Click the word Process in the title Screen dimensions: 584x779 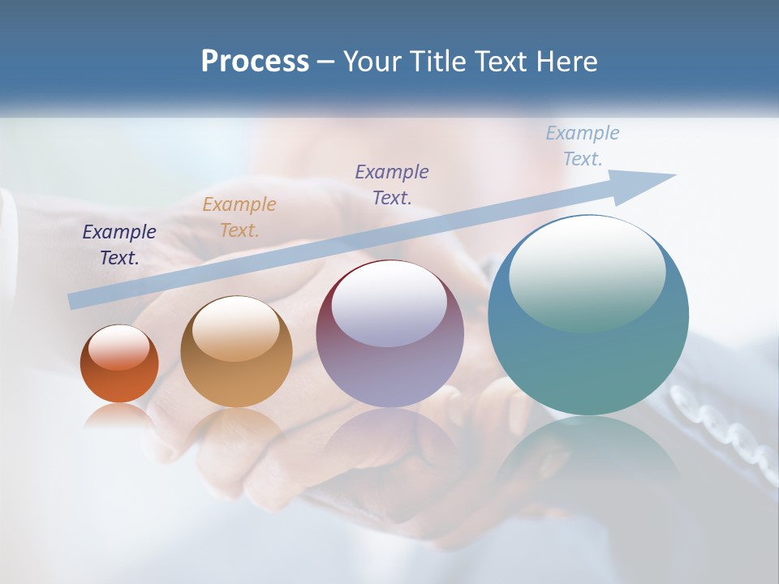[x=255, y=62]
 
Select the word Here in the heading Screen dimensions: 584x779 [x=566, y=62]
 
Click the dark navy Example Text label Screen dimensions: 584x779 [x=119, y=245]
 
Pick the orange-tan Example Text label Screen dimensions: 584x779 [x=239, y=217]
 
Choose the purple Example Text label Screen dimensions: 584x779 [x=392, y=184]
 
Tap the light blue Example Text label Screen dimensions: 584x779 [x=583, y=146]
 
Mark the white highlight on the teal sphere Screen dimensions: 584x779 [x=587, y=272]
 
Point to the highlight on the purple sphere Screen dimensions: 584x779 [x=389, y=305]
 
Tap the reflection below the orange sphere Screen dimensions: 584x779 [x=118, y=416]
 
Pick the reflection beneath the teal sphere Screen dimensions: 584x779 [x=588, y=454]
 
